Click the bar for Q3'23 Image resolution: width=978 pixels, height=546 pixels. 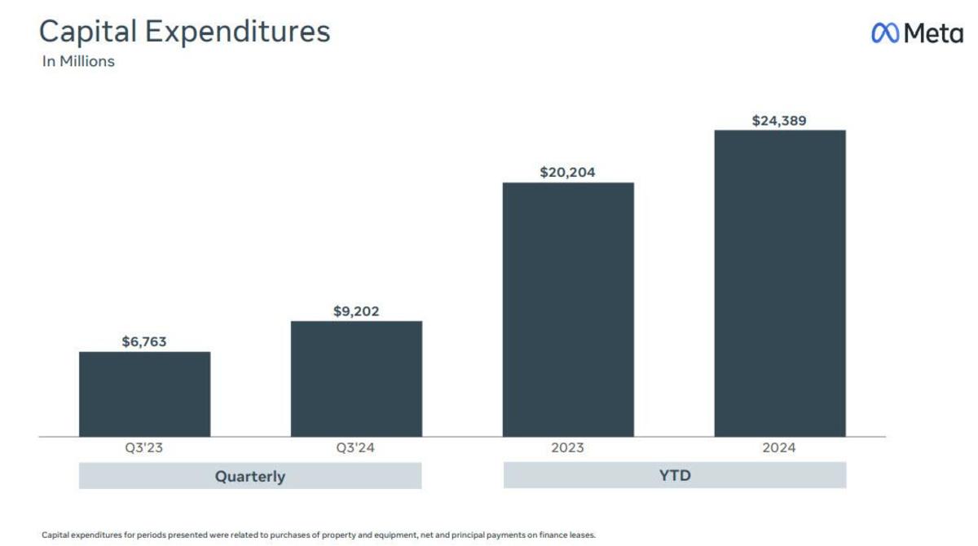(144, 394)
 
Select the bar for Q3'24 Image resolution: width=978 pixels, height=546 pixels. (356, 379)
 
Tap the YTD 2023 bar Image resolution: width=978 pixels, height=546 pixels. (568, 310)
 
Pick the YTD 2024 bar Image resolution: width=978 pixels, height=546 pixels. (780, 284)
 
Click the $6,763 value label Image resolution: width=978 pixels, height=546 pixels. (144, 341)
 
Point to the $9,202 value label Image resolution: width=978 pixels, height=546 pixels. (356, 311)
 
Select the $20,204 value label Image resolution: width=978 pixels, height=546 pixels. (568, 172)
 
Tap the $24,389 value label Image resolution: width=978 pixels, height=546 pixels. (780, 121)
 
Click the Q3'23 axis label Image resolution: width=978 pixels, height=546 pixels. (144, 448)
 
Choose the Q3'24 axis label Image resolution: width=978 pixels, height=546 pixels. (356, 448)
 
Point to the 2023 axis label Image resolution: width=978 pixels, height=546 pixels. (568, 448)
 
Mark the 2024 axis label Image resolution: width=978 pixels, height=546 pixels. (780, 448)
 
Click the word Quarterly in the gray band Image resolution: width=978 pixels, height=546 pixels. (250, 476)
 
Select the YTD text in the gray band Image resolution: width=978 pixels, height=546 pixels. (675, 475)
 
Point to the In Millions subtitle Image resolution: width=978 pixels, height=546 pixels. (78, 61)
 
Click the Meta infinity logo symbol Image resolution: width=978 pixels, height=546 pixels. (885, 33)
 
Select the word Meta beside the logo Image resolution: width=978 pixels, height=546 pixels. (933, 33)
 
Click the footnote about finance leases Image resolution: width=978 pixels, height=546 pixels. (319, 535)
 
